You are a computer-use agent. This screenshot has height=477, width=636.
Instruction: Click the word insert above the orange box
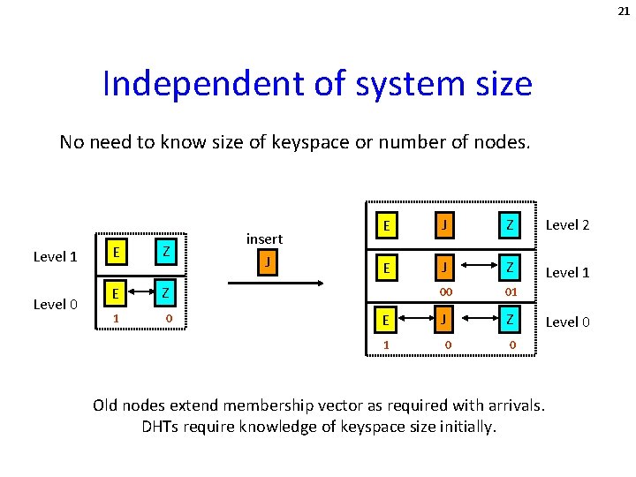tap(264, 238)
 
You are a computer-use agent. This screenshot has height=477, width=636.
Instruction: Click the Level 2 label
tap(567, 225)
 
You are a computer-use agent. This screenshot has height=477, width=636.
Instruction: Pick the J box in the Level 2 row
tap(446, 226)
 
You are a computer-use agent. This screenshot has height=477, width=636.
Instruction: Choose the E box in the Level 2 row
tap(385, 226)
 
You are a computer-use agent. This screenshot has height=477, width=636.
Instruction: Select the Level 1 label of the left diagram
tap(56, 257)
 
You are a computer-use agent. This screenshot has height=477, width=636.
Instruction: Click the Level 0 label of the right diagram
tap(567, 322)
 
